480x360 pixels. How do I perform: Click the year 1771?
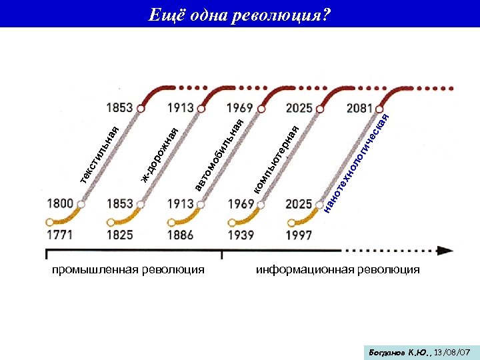(60, 235)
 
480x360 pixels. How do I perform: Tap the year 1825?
(119, 235)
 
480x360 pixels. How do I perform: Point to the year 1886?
(180, 235)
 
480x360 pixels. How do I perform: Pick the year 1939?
(241, 235)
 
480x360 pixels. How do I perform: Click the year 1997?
(299, 235)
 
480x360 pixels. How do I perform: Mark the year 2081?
(359, 108)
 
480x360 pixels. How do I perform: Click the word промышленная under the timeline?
(90, 269)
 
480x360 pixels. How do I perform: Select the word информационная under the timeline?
(301, 269)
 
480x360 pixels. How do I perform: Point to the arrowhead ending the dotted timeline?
(445, 251)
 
